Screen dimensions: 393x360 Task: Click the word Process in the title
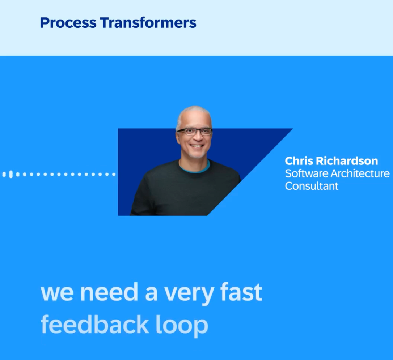coord(68,23)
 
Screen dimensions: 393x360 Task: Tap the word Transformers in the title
coord(148,23)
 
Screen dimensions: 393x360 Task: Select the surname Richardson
coord(347,161)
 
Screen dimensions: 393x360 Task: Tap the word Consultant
coord(312,186)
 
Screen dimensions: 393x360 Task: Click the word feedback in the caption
coord(95,324)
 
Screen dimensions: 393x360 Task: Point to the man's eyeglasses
coord(194,132)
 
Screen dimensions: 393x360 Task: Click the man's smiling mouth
coord(196,146)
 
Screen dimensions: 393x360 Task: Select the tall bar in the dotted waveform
coord(11,174)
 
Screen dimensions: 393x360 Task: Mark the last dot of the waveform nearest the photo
coord(114,174)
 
